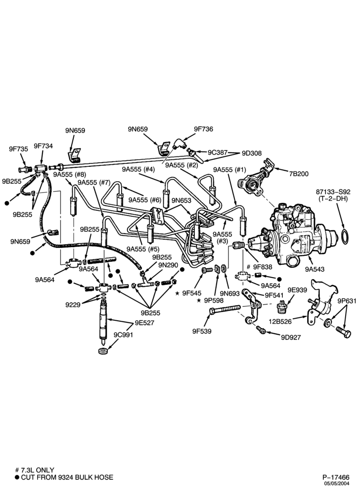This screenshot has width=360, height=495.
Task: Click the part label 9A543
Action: point(315,269)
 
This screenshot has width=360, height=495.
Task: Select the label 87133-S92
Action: point(336,192)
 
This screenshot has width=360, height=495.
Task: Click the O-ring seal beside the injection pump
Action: point(345,237)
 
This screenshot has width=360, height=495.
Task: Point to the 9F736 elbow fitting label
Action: point(203,129)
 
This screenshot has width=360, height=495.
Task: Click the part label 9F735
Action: point(18,148)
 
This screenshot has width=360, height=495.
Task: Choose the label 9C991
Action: point(123,335)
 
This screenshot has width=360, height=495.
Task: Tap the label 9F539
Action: point(202,331)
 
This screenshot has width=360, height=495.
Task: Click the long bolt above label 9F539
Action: point(225,309)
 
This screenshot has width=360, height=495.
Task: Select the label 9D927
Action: point(291,338)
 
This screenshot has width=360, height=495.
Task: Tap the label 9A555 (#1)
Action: point(229,169)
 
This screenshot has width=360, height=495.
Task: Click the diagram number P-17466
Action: point(336,477)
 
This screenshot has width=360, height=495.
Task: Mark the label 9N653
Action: point(181,200)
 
